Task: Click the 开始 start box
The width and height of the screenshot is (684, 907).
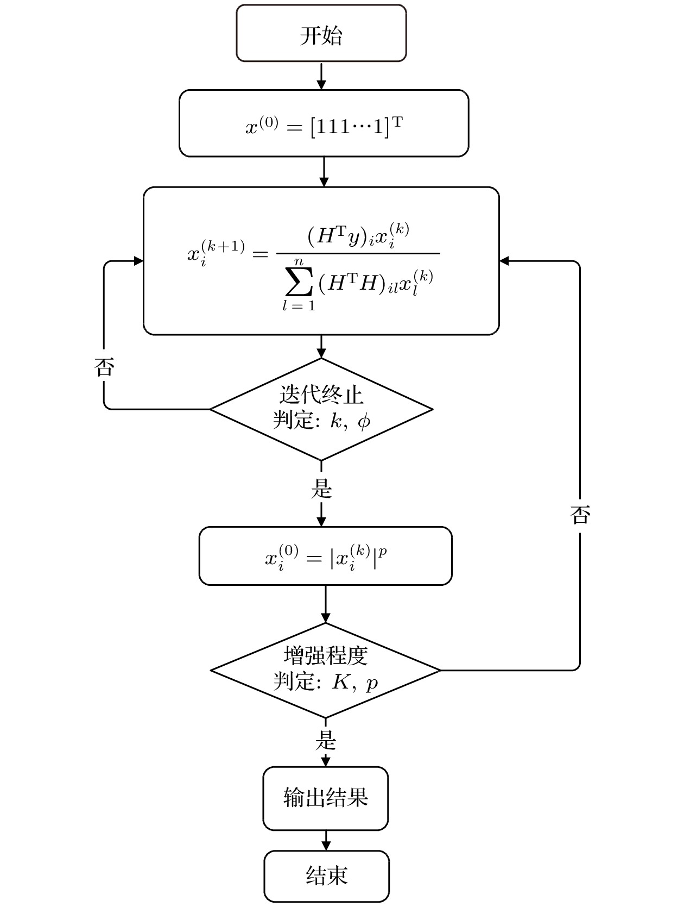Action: coord(321,34)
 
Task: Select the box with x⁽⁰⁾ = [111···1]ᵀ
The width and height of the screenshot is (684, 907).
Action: coord(324,124)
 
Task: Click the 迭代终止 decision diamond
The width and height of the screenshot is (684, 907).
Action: coord(321,409)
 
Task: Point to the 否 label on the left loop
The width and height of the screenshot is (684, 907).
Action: coord(104,368)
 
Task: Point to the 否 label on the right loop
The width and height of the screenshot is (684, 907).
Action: coord(580,515)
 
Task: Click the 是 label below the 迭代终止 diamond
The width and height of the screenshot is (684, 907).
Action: coord(321,489)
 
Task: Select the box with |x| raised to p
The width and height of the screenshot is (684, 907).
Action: coord(325,556)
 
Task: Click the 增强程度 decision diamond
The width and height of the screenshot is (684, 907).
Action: coord(325,670)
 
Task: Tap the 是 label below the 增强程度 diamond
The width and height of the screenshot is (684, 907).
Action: coord(326,740)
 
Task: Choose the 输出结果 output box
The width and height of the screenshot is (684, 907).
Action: coord(326,798)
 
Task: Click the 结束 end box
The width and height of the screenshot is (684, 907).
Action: coord(326,875)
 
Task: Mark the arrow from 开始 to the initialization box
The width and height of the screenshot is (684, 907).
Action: coord(321,76)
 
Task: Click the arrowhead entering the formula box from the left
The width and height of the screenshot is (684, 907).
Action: coord(138,261)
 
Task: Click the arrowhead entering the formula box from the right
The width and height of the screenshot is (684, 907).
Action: coord(504,261)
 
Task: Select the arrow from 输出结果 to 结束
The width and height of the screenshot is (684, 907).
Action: coord(326,840)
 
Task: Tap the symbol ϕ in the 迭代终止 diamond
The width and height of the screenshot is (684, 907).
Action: coord(364,421)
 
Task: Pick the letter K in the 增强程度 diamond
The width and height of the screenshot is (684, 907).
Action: coord(340,682)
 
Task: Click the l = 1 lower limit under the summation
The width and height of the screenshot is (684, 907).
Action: coord(299,306)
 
